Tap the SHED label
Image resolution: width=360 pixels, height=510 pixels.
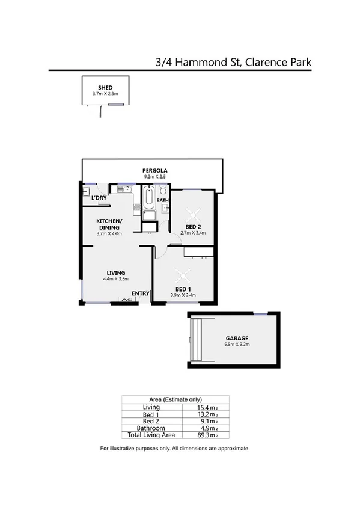point(106,88)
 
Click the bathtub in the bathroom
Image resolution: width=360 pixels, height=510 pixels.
point(148,198)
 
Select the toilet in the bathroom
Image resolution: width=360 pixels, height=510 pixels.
point(163,190)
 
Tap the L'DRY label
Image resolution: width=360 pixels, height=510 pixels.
point(99,198)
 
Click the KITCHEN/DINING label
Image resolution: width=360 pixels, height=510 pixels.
point(109,224)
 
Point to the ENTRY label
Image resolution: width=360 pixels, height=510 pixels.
point(141,293)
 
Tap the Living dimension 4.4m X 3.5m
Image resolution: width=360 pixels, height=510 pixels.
point(116,279)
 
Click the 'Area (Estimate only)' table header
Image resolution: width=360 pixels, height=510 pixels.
point(175,399)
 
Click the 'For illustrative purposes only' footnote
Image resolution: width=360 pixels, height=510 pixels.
point(174,449)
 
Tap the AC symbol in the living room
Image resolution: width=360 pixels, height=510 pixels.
point(126,299)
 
